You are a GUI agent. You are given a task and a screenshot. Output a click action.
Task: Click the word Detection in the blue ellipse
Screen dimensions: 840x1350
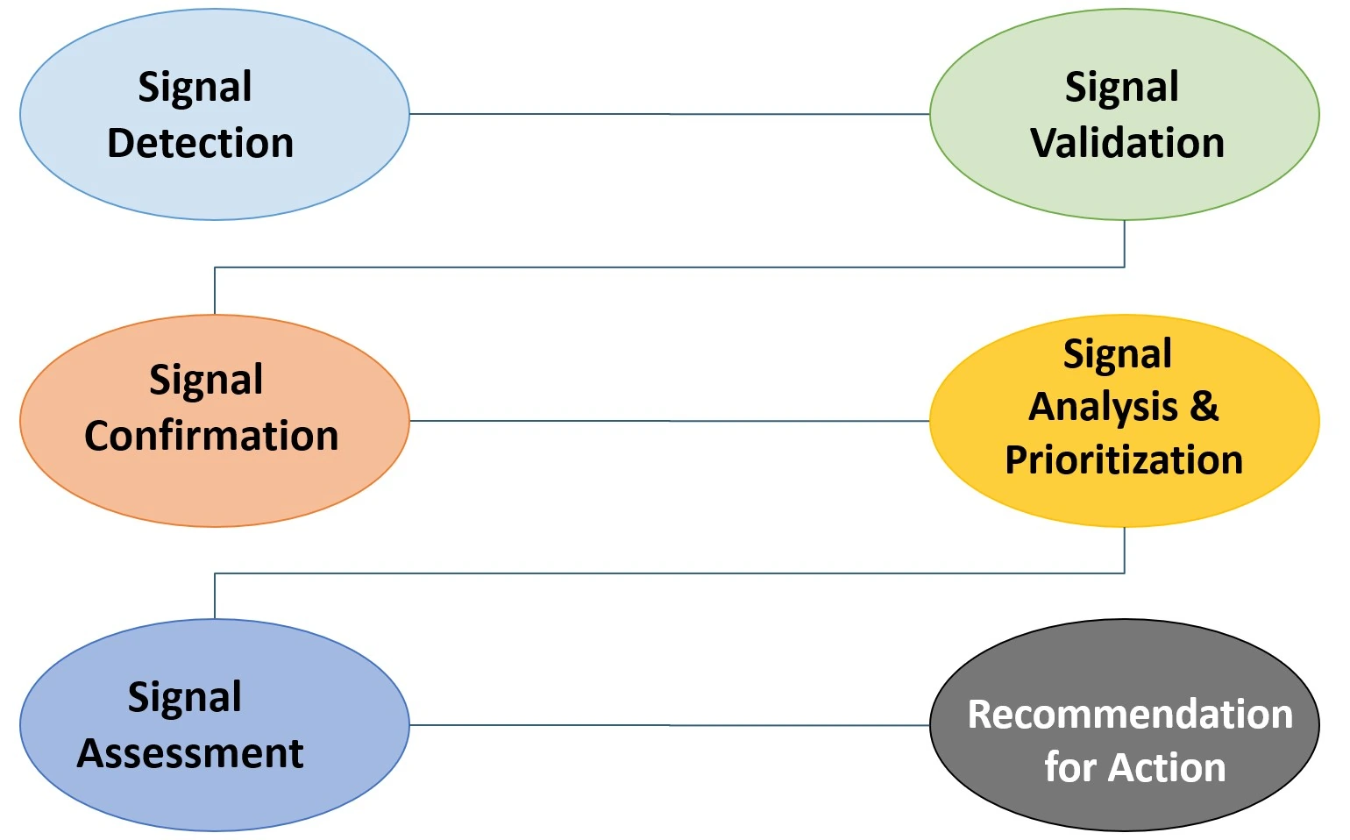(200, 143)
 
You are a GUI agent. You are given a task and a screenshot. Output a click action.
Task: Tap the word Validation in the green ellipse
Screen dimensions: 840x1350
(1127, 143)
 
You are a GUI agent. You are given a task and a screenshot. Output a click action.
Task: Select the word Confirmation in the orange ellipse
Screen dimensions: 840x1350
(211, 436)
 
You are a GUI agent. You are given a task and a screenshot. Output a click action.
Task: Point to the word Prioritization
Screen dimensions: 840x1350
(1124, 460)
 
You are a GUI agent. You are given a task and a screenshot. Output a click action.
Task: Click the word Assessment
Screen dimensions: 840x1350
(190, 753)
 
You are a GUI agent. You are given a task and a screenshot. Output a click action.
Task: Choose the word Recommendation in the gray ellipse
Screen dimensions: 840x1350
(1130, 715)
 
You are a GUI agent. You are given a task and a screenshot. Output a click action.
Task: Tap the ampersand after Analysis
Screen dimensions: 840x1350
(1204, 407)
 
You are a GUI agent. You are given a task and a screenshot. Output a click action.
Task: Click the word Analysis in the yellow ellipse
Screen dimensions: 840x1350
(1103, 407)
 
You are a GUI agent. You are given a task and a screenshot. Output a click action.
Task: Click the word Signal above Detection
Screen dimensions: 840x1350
(195, 88)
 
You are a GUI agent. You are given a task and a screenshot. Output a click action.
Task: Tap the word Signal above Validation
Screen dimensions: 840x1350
(1122, 88)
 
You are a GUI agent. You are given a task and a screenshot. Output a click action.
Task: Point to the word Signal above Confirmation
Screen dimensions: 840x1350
(206, 381)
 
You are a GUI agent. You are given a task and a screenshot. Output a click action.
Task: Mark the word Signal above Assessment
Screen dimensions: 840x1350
(185, 698)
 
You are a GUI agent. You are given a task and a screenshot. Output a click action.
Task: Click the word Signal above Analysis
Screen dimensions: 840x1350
(1118, 355)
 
